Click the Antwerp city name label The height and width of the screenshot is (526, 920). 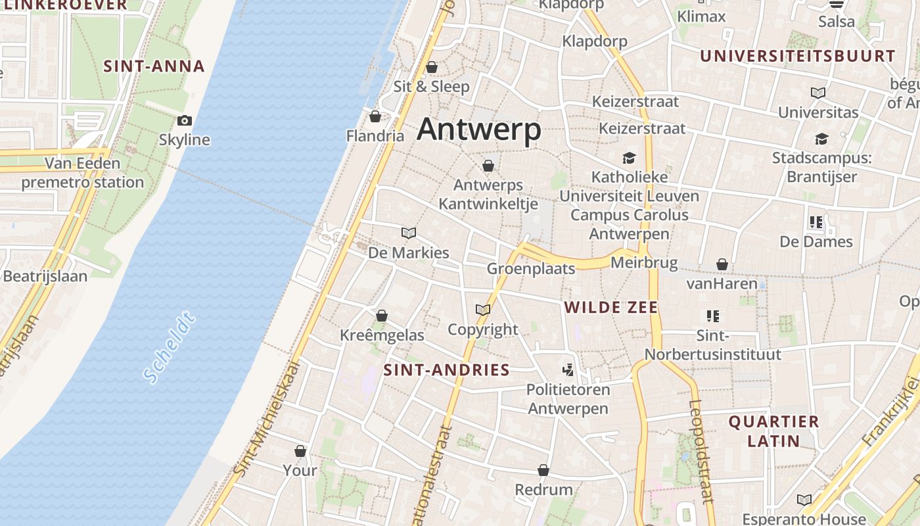[479, 130]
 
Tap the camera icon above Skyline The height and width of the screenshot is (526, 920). [185, 120]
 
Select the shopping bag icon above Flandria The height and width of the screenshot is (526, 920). [375, 117]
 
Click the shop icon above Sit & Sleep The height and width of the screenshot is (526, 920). [432, 67]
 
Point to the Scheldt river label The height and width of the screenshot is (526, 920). [170, 348]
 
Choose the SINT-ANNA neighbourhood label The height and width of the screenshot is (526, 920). [154, 66]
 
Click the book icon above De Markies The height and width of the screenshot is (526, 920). [409, 233]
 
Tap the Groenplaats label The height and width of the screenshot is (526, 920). [531, 268]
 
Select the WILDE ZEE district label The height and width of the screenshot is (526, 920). [611, 307]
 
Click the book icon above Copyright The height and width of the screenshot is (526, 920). [483, 310]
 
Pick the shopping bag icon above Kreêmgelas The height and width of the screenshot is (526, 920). [382, 316]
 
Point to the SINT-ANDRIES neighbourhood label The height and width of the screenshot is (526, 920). [447, 370]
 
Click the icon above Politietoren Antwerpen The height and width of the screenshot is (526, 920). [568, 370]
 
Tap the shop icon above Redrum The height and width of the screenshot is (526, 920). [543, 471]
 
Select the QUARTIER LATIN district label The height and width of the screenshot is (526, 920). [773, 431]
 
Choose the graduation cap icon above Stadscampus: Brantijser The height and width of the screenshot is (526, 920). [821, 139]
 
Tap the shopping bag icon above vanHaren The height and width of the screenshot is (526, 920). [722, 264]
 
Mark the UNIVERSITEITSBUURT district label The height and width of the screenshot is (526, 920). [798, 57]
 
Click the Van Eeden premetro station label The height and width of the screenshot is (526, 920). [83, 173]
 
